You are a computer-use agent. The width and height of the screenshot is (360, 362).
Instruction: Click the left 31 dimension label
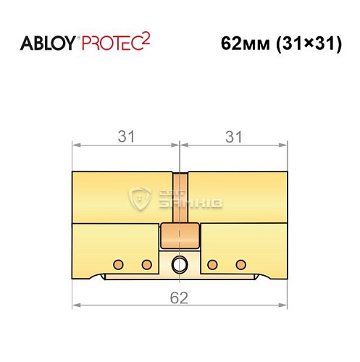coord(125,135)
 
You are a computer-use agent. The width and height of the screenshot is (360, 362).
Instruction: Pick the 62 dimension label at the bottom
coord(179,297)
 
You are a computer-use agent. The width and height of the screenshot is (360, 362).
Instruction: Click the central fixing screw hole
coord(179,264)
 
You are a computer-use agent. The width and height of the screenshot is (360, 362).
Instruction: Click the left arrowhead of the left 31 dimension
coord(75,144)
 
